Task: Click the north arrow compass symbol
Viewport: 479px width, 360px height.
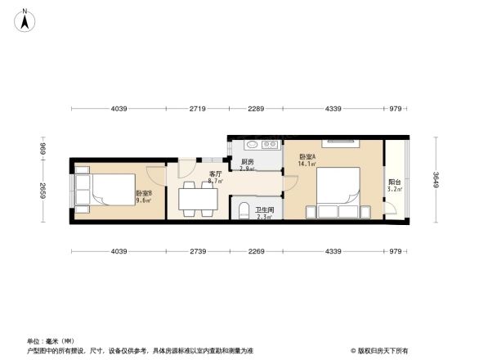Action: (x=25, y=18)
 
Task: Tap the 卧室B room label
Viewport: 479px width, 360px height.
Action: (x=144, y=193)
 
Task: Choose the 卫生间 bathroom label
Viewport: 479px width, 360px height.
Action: (x=265, y=210)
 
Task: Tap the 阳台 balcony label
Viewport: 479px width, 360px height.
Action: (x=394, y=182)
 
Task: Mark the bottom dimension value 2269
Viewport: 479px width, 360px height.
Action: (x=256, y=251)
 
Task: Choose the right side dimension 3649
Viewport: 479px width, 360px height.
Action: (x=436, y=179)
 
